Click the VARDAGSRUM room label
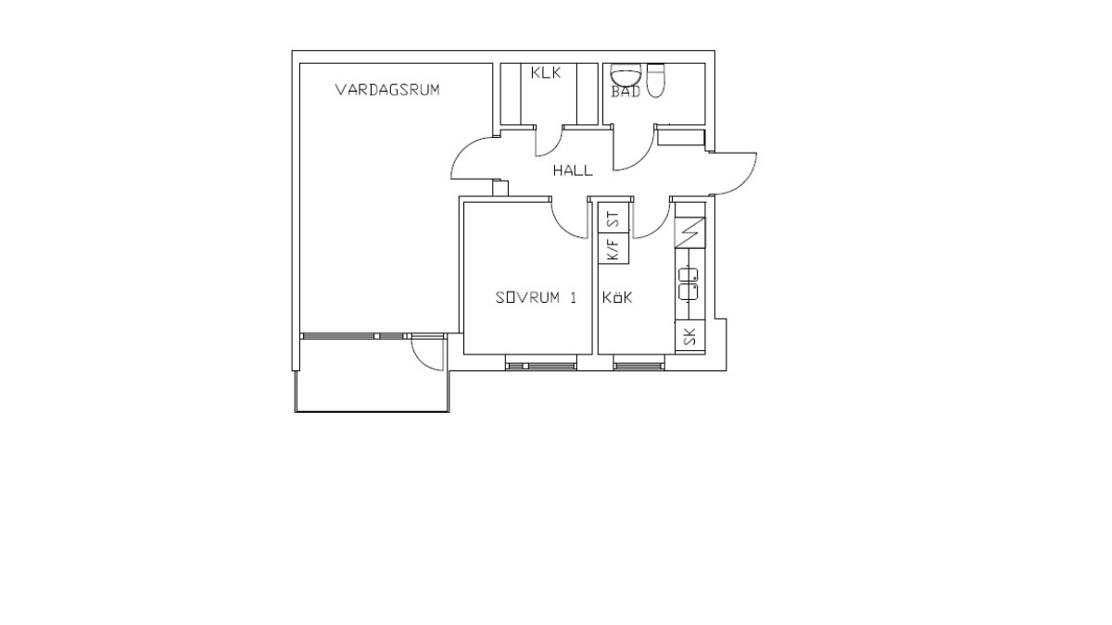click(x=387, y=90)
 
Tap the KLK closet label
click(x=546, y=73)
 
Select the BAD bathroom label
click(x=625, y=92)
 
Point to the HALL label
click(x=573, y=170)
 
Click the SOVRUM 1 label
click(x=537, y=297)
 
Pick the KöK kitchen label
click(x=617, y=297)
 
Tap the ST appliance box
click(x=614, y=218)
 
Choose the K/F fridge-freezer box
click(x=614, y=248)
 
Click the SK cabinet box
click(x=690, y=337)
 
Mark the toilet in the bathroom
click(x=655, y=81)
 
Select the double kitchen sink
click(x=688, y=284)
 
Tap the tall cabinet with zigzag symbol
click(x=690, y=232)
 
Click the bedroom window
click(x=541, y=366)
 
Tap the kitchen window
click(x=638, y=366)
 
